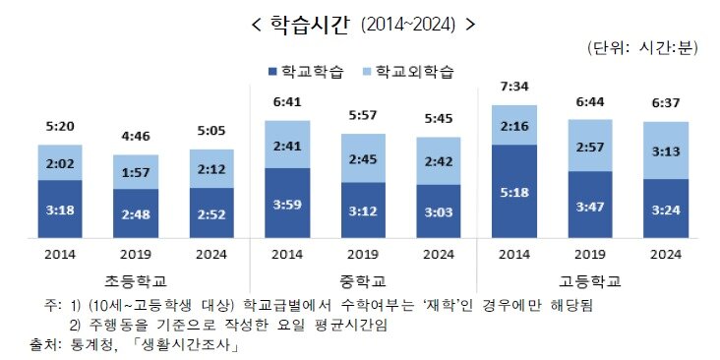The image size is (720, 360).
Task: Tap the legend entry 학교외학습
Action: (x=410, y=72)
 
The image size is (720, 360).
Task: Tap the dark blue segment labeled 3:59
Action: (x=286, y=203)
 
